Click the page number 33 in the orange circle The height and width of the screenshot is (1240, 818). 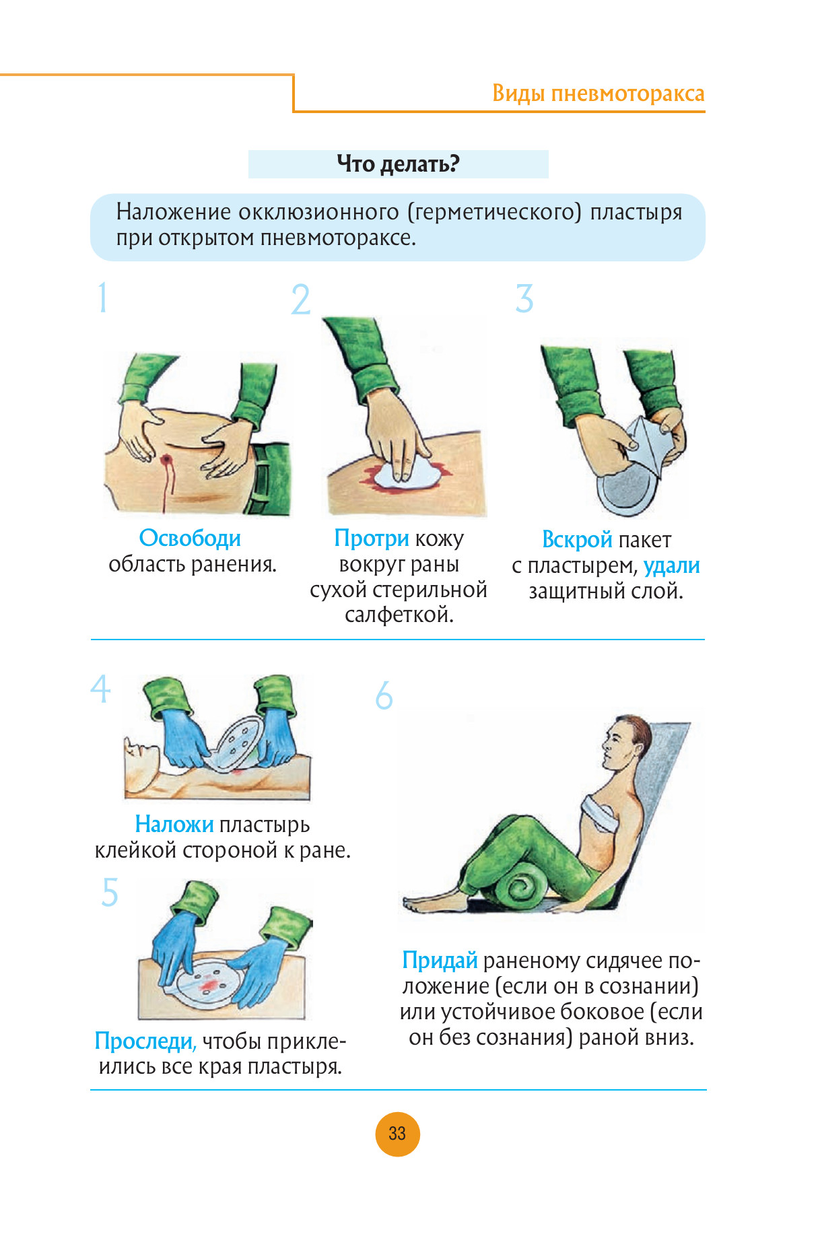click(x=397, y=1134)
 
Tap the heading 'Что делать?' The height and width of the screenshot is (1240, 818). click(x=398, y=164)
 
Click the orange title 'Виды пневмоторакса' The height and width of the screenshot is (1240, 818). click(x=598, y=93)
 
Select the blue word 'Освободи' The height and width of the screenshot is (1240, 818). click(x=190, y=539)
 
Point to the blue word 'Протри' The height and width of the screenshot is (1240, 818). click(x=372, y=539)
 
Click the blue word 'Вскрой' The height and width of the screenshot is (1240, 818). click(x=577, y=540)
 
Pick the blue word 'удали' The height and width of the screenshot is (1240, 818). click(x=671, y=566)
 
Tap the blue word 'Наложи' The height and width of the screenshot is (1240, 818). click(x=174, y=824)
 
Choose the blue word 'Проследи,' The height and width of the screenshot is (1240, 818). click(x=145, y=1041)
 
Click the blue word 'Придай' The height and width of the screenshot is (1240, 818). click(x=440, y=961)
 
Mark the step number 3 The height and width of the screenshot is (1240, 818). click(x=524, y=298)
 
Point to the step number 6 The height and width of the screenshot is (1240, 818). click(x=384, y=695)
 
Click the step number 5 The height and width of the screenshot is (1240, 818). click(x=110, y=892)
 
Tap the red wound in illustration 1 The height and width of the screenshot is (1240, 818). click(x=166, y=460)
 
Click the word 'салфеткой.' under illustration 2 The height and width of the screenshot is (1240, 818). click(x=399, y=615)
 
